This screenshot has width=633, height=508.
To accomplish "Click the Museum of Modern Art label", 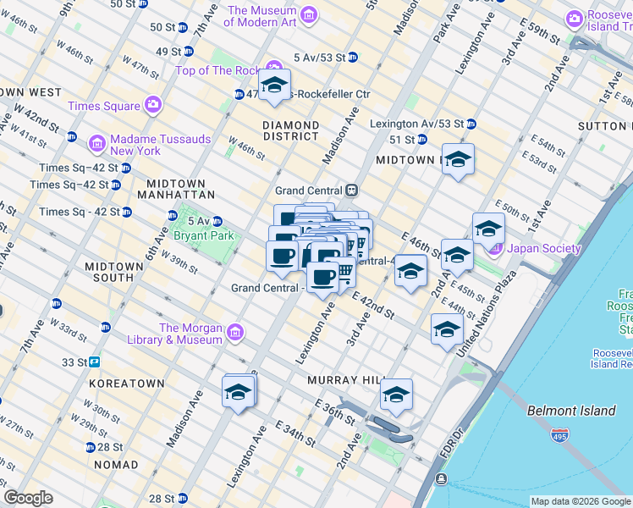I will [261, 15].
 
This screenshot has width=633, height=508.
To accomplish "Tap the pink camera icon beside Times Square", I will [153, 106].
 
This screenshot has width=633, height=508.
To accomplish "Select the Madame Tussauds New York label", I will [124, 145].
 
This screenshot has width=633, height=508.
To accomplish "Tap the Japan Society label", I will [544, 249].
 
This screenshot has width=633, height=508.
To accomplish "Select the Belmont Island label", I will [570, 411].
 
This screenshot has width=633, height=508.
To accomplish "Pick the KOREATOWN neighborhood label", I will [126, 384].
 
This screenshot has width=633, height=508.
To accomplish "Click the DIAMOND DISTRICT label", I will [290, 130].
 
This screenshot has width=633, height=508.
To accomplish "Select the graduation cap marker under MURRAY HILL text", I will [395, 395].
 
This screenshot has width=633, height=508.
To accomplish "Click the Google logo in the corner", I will [28, 498].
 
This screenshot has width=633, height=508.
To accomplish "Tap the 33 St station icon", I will [94, 362].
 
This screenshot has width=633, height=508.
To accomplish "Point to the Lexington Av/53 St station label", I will [416, 124].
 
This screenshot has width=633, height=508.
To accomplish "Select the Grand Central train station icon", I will [351, 190].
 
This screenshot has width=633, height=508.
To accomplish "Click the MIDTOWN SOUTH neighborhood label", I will [114, 272].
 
